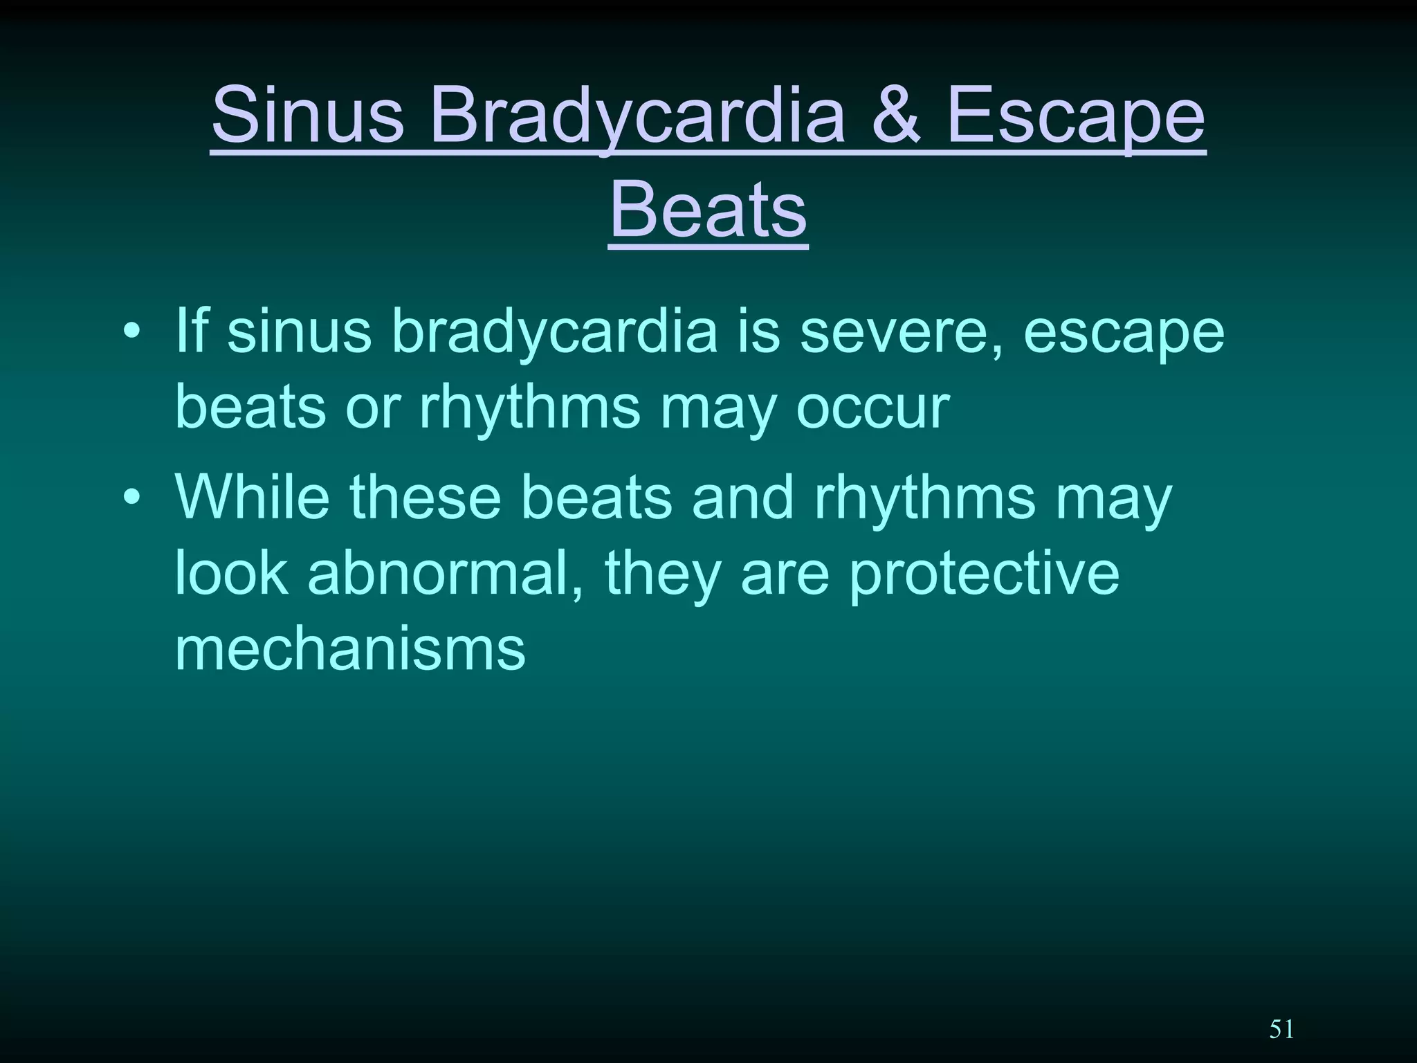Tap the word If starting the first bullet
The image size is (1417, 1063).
[x=191, y=331]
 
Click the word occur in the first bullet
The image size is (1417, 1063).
[x=873, y=408]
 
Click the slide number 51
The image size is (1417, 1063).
[x=1281, y=1030]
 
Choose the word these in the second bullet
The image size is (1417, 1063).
[x=425, y=497]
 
